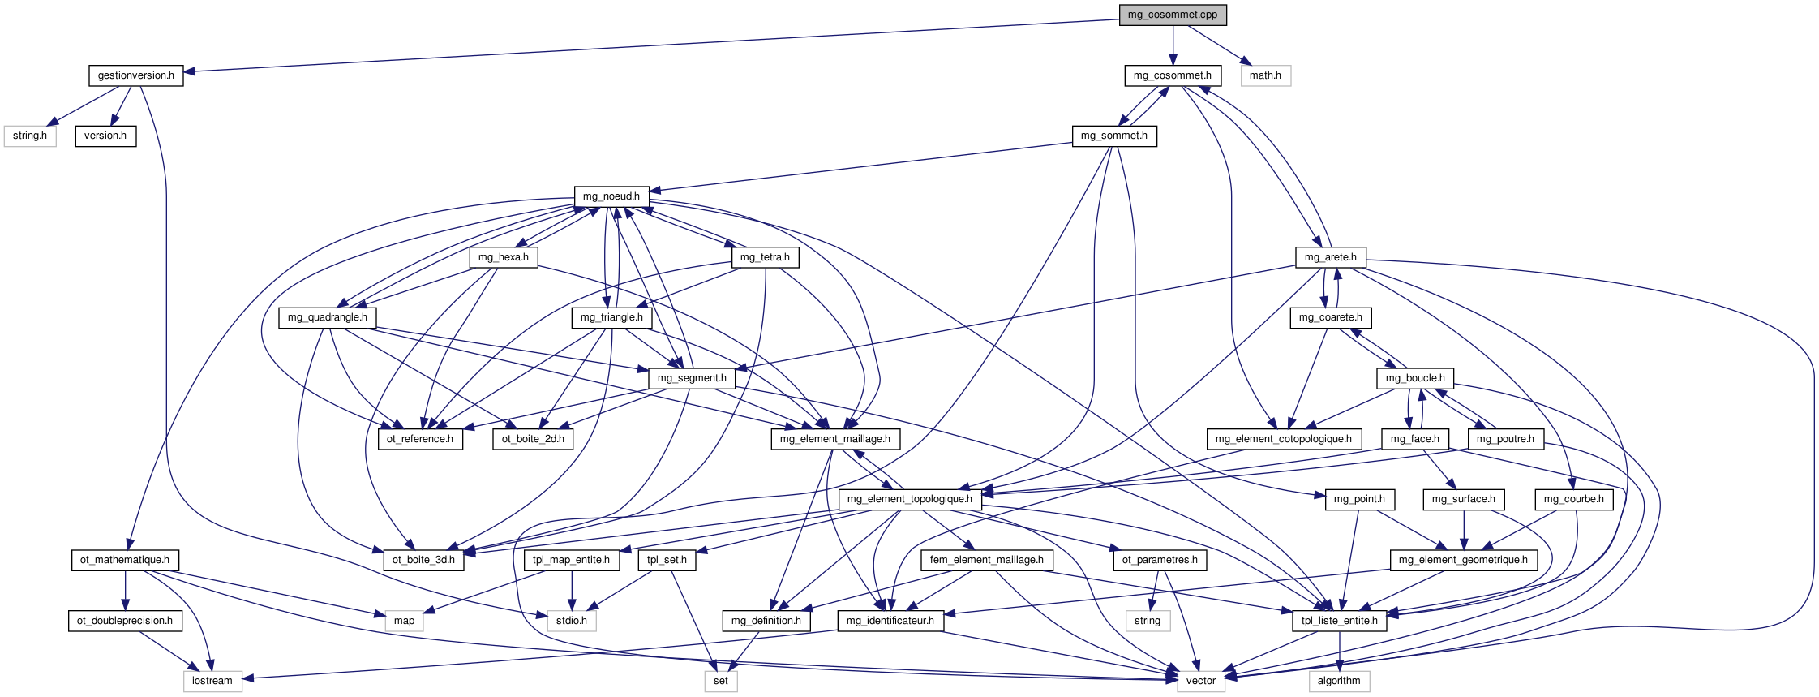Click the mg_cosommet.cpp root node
[1172, 15]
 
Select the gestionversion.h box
[135, 75]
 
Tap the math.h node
[1265, 75]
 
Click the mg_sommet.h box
[1113, 136]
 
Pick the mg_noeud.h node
[611, 196]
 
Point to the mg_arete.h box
[1330, 257]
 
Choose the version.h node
[105, 136]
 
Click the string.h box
[30, 136]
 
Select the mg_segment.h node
[691, 378]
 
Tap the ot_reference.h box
[420, 439]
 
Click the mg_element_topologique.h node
[909, 499]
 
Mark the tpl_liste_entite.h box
[1339, 621]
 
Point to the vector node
[1200, 681]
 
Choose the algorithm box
[1338, 681]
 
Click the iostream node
[212, 681]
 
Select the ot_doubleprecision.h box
[125, 621]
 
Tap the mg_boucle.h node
[1414, 378]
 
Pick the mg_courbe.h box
[1573, 499]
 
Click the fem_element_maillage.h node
[986, 560]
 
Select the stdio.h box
[571, 621]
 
